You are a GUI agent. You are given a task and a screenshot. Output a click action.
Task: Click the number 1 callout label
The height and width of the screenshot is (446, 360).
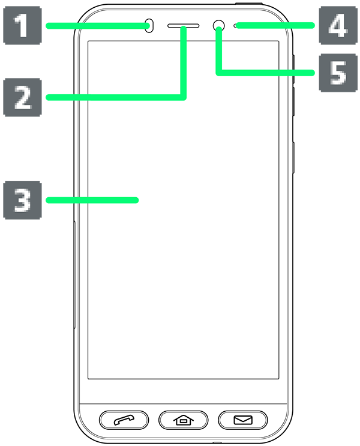(x=22, y=26)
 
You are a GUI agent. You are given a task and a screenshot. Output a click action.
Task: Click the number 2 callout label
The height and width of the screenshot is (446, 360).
(x=23, y=97)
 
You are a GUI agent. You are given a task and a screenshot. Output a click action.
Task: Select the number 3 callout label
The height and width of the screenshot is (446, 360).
(x=23, y=200)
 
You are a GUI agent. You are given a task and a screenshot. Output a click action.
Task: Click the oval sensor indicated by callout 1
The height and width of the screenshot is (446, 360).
(x=149, y=26)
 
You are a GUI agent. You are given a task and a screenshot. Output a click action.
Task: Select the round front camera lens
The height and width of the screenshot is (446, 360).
(x=219, y=26)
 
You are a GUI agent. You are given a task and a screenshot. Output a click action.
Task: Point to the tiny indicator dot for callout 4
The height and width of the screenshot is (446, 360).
(x=236, y=26)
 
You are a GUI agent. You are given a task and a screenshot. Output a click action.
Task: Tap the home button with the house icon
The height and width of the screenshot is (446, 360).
(x=183, y=420)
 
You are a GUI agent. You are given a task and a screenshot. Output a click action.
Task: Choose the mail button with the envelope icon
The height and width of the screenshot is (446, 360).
(x=243, y=420)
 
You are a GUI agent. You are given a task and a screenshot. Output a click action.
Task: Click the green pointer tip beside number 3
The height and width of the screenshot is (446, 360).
(x=57, y=200)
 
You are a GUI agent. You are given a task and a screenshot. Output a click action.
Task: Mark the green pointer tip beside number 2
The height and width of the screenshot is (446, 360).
(x=57, y=97)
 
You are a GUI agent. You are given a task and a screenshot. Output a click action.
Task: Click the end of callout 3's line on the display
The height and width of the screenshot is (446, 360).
(x=138, y=200)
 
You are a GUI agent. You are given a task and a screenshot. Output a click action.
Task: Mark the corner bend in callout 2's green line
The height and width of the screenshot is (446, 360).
(x=184, y=97)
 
